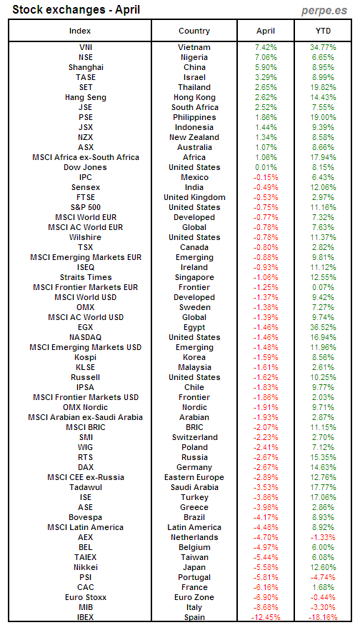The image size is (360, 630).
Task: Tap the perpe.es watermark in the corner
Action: point(328,10)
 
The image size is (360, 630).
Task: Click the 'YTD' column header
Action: point(324,31)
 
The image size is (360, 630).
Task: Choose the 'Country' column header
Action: point(194,31)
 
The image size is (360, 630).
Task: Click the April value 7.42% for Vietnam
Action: point(265,47)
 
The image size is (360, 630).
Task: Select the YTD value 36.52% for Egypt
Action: point(324,327)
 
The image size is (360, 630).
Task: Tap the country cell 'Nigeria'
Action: point(194,57)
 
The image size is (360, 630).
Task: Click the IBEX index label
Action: point(85,617)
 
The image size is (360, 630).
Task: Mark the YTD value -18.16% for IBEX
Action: point(323,617)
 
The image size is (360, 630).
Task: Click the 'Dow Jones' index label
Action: point(85,167)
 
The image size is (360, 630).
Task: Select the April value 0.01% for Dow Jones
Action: point(265,167)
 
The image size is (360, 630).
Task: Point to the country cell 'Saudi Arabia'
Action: point(194,487)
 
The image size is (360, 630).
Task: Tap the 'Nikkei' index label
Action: point(85,567)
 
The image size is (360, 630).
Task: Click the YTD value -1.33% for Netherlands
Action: point(324,537)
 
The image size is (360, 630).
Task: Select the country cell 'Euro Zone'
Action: point(194,597)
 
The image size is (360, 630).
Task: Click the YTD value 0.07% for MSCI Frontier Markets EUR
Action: point(324,287)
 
